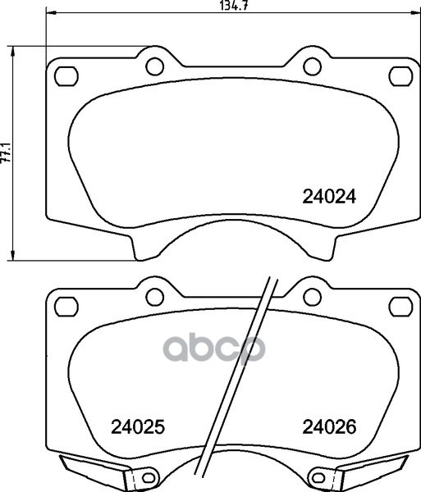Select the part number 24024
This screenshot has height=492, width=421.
click(329, 197)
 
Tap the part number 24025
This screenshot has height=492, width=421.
click(138, 426)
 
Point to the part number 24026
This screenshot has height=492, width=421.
click(329, 426)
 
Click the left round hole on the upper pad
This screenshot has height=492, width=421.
click(155, 66)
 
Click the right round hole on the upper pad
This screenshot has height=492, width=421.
click(312, 66)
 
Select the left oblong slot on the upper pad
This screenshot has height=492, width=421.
click(66, 76)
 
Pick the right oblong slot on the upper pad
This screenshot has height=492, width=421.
click(401, 76)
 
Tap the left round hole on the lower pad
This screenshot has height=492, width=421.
click(155, 297)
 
